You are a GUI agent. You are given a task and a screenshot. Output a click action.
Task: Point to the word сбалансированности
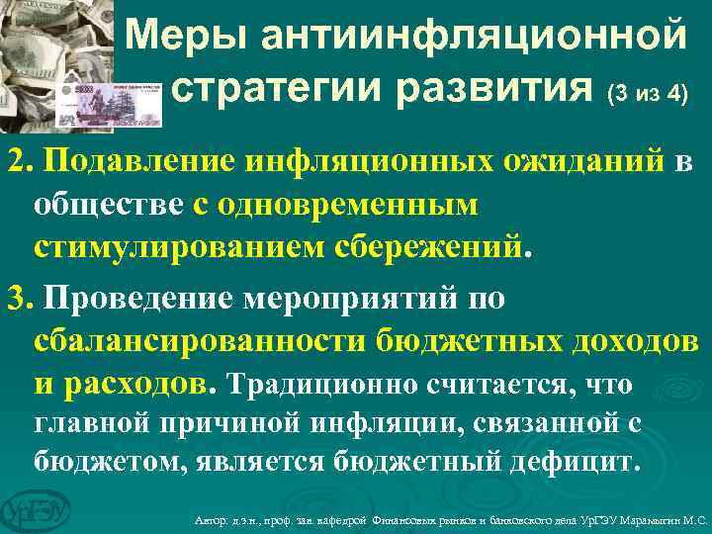(199, 339)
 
